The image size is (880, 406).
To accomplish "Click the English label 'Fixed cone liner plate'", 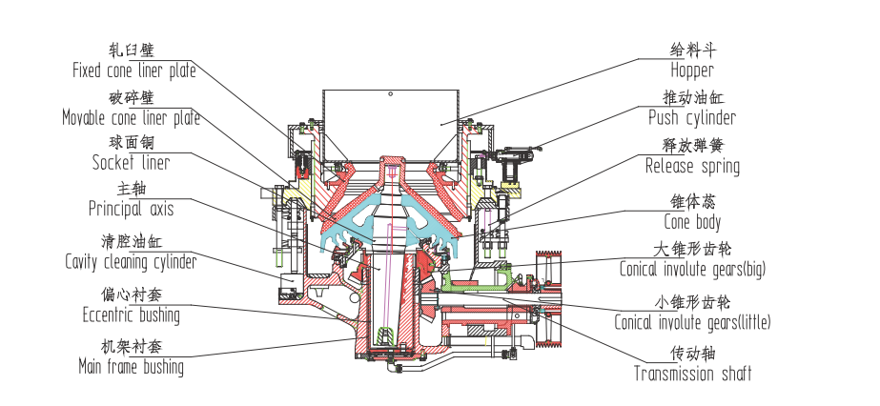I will pos(133,71).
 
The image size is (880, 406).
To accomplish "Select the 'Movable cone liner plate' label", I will pos(131,118).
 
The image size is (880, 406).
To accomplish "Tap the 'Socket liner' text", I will pos(131,163).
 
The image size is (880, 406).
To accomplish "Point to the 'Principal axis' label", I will pos(131,209).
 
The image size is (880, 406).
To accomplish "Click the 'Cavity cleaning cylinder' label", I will pos(131,261).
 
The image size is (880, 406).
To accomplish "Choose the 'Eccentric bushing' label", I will pos(131,315).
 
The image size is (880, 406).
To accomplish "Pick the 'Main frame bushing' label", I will pos(131,366).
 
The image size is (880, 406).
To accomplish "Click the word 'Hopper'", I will pos(691,71).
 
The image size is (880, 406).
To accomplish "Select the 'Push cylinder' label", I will pos(691,118).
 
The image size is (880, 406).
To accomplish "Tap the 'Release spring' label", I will pos(691,167).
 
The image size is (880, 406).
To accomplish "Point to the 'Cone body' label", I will pos(691,223).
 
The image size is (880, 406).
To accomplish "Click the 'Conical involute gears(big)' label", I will pos(691,270).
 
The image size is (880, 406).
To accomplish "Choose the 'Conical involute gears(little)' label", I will pos(692,322).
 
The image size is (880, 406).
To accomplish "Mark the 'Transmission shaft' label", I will pos(692,373).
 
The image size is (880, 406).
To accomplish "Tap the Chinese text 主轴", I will pos(131,189).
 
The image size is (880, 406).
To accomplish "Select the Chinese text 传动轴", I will pos(691,353).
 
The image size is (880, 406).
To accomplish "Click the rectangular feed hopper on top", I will pos(392,121).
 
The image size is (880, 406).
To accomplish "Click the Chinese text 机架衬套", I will pos(131,346).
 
